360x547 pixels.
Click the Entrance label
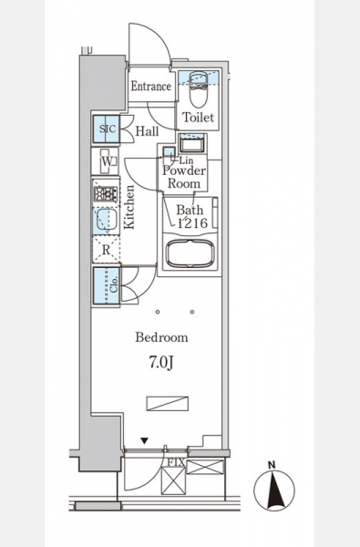[x=151, y=87]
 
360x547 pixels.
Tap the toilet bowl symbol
[x=198, y=89]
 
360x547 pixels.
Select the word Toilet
[x=198, y=118]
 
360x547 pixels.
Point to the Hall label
[x=147, y=131]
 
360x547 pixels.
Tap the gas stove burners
[x=106, y=194]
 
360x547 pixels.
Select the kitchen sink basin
[x=106, y=220]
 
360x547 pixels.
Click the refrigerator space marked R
[x=106, y=250]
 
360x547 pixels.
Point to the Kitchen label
[x=129, y=207]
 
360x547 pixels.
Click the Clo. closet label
[x=114, y=284]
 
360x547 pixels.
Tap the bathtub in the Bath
[x=190, y=253]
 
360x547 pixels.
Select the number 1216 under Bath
[x=193, y=223]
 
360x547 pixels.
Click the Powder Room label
[x=184, y=177]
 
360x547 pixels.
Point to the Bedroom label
[x=161, y=337]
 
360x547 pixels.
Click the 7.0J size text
[x=161, y=363]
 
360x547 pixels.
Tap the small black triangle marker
[x=144, y=441]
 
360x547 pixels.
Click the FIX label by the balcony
[x=176, y=462]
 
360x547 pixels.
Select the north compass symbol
[x=274, y=490]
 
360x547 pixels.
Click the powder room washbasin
[x=192, y=144]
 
